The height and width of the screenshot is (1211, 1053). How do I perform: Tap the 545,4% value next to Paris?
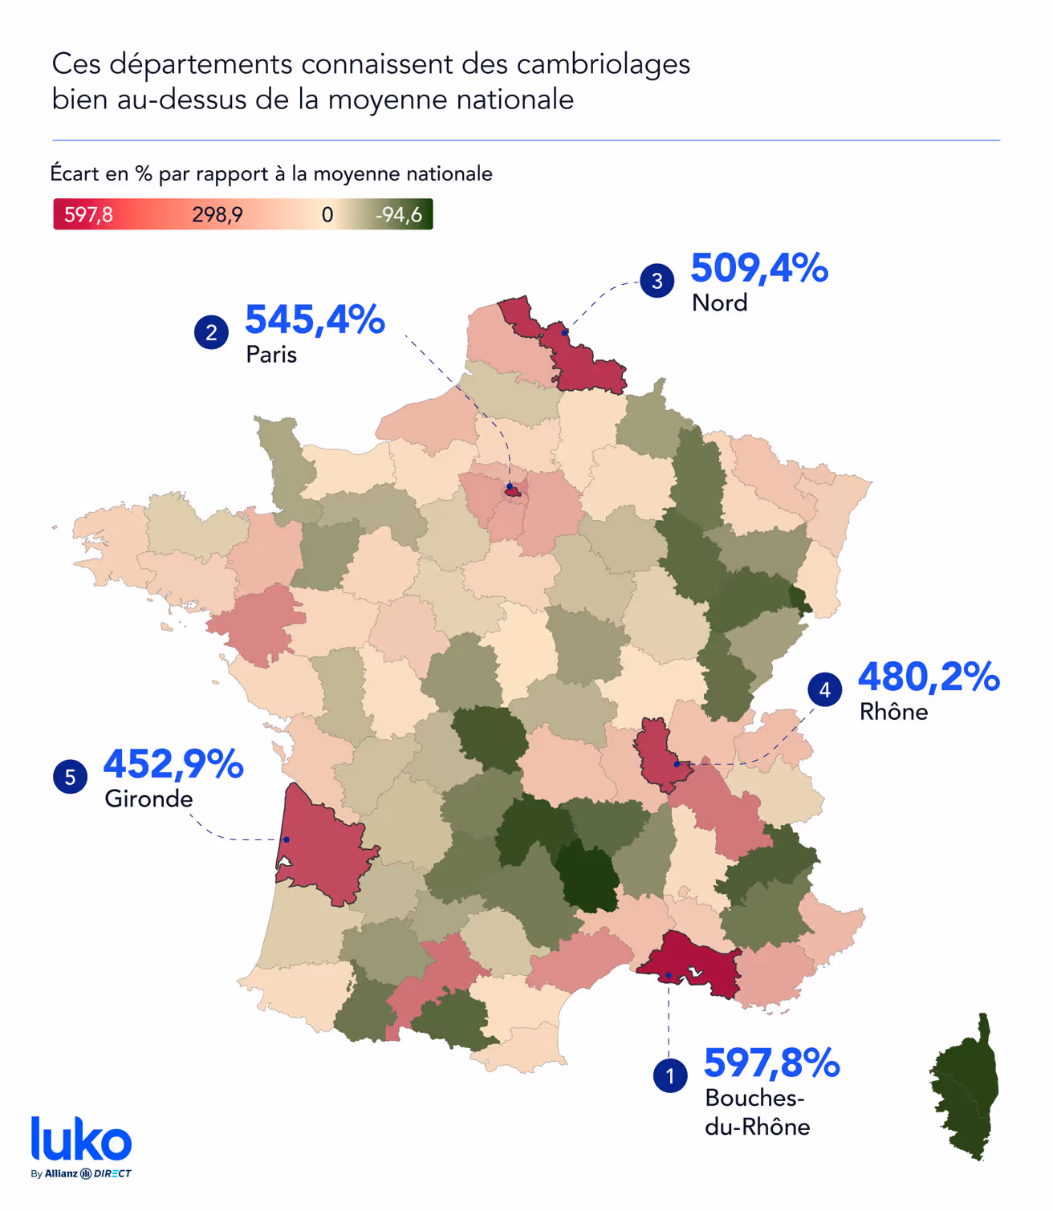[x=315, y=319]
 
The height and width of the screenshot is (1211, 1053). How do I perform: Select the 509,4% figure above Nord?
[x=758, y=268]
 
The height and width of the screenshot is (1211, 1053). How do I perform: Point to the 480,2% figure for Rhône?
[x=929, y=677]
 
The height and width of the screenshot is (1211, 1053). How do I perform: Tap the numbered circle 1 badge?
[x=670, y=1076]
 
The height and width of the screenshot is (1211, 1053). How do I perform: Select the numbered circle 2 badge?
[x=211, y=332]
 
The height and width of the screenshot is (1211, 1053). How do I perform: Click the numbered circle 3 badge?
[x=657, y=281]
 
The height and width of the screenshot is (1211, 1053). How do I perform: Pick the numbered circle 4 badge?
[x=824, y=689]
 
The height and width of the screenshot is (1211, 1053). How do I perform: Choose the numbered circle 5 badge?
[x=70, y=777]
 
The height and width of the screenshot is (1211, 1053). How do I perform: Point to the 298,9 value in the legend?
[x=217, y=215]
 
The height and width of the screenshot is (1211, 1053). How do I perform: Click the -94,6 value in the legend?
[x=399, y=215]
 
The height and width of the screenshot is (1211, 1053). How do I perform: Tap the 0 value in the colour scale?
[x=327, y=215]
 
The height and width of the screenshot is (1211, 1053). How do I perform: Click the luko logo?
[x=81, y=1140]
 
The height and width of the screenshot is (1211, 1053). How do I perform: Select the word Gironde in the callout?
[x=148, y=799]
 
